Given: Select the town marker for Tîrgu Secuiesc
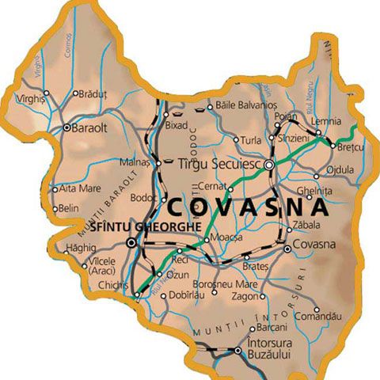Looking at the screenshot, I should click(269, 165).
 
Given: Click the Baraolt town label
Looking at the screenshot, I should click(90, 127).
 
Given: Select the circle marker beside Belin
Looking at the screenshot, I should click(55, 208).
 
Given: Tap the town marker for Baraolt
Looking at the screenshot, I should click(66, 127).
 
